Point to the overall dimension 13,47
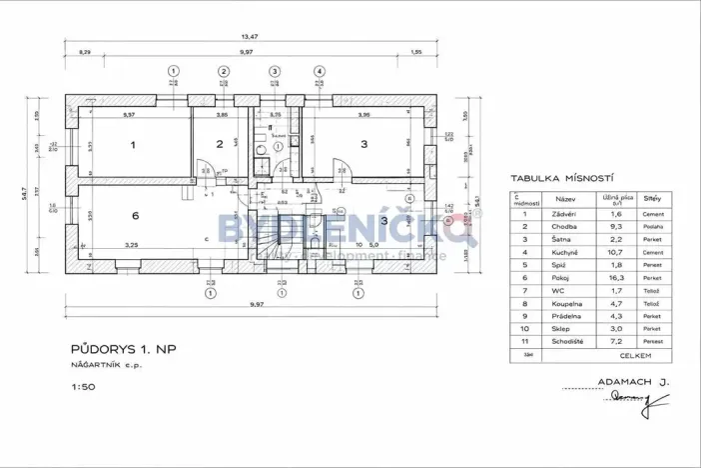250,36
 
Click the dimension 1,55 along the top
415,51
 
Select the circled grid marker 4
320,71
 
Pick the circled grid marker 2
224,71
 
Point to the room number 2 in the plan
219,146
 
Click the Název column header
565,199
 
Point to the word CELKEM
635,355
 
